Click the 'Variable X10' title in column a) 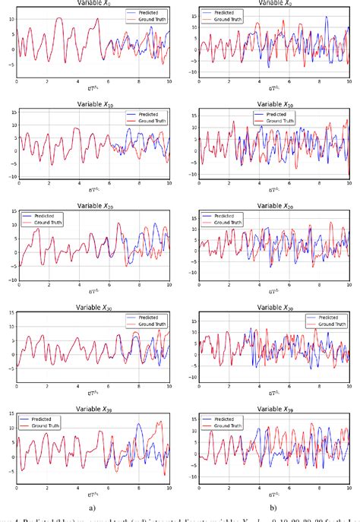pos(93,103)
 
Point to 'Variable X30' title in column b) pos(273,308)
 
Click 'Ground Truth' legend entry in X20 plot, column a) pos(50,223)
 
